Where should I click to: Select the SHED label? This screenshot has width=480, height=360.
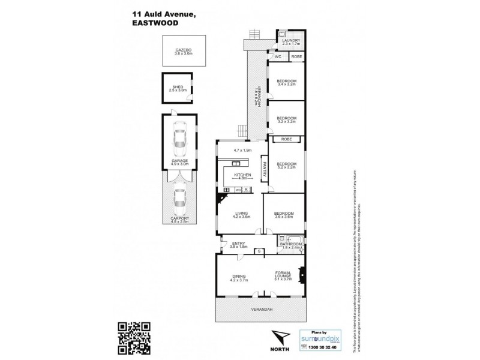click(x=178, y=88)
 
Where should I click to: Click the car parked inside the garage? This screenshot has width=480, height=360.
click(x=179, y=139)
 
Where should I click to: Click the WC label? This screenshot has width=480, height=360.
click(x=278, y=56)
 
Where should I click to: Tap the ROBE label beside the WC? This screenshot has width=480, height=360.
click(x=296, y=56)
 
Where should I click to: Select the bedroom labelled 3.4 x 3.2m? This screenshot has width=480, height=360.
click(x=286, y=83)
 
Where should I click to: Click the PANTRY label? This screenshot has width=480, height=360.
click(x=263, y=165)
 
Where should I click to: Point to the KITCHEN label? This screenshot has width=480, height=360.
click(x=242, y=176)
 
